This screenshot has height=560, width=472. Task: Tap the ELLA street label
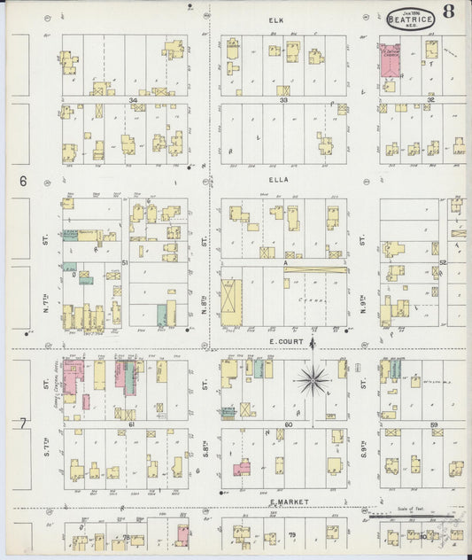pos(284,178)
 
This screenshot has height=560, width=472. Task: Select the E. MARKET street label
pos(289,502)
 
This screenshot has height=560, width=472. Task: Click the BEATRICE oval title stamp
pos(410,16)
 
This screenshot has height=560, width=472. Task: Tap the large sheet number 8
pos(450,12)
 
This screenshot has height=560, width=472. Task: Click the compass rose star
pos(312,381)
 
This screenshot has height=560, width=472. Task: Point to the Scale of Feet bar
pos(415,515)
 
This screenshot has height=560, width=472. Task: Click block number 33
pos(284,100)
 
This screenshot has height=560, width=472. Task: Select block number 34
pos(133,100)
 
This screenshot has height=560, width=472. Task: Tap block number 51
pos(126,262)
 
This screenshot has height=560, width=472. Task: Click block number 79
pos(291,535)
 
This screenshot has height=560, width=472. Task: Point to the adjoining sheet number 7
pos(21,424)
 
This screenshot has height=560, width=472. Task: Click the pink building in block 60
pos(241,467)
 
